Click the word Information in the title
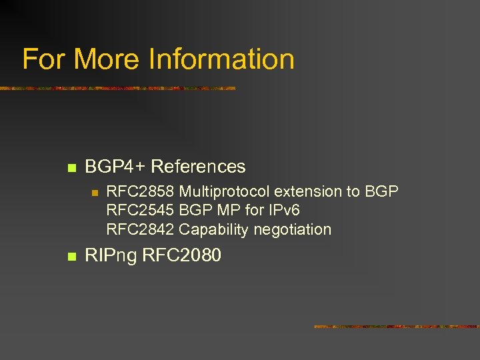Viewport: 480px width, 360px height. [221, 59]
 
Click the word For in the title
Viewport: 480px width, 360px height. [44, 59]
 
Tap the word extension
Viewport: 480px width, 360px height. [307, 192]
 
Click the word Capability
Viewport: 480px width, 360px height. [209, 230]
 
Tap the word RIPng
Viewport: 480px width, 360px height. [111, 255]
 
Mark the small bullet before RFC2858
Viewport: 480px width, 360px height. [95, 193]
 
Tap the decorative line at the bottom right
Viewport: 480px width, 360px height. [396, 327]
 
